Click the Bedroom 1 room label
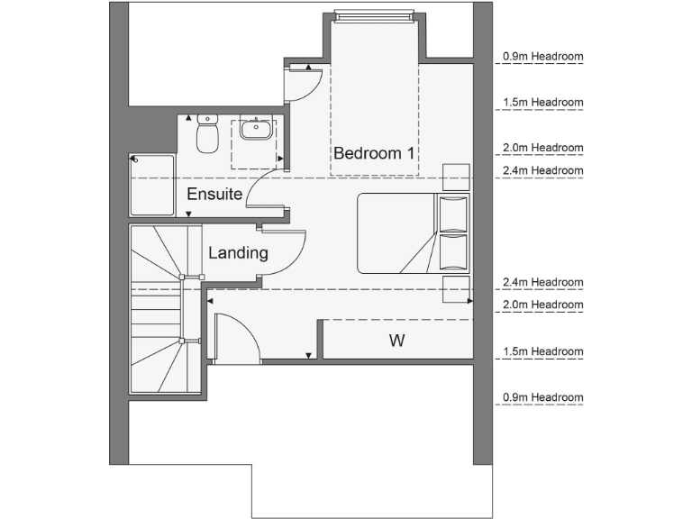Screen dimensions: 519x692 [x=374, y=153]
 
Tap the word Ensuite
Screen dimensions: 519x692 [x=214, y=194]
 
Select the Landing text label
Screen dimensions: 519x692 [x=238, y=253]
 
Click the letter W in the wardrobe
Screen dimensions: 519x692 [x=396, y=341]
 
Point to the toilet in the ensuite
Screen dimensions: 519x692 [x=208, y=138]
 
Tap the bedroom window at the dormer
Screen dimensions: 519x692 [x=374, y=15]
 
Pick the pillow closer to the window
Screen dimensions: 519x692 [x=453, y=213]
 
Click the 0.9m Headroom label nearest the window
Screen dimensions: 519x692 [x=543, y=57]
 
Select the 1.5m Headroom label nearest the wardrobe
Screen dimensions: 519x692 [x=543, y=351]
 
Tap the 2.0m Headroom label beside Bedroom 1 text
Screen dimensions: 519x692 [x=543, y=148]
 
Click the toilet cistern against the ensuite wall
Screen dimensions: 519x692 [x=208, y=119]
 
